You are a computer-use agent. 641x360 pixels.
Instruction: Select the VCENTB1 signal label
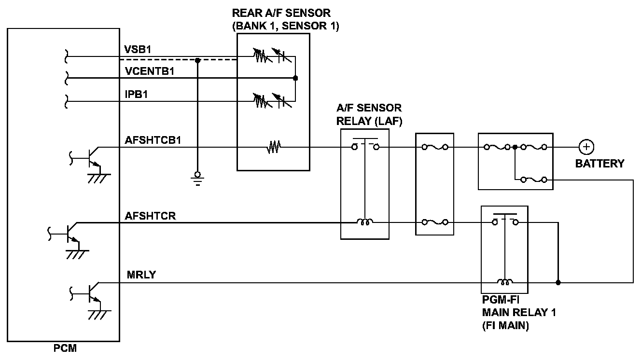150,71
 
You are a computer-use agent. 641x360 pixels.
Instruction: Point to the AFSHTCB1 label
154,140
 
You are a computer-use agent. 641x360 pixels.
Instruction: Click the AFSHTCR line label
150,216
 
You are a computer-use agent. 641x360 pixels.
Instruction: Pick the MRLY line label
141,275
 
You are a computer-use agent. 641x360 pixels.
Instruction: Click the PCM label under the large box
65,348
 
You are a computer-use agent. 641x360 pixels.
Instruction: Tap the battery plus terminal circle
586,147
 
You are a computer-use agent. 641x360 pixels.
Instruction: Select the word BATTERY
599,164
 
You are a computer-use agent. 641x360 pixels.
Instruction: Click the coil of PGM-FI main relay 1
505,282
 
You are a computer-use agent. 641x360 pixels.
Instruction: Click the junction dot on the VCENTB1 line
295,78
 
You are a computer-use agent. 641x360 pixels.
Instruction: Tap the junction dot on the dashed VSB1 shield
197,60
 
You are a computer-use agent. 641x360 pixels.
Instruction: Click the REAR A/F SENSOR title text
281,13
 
